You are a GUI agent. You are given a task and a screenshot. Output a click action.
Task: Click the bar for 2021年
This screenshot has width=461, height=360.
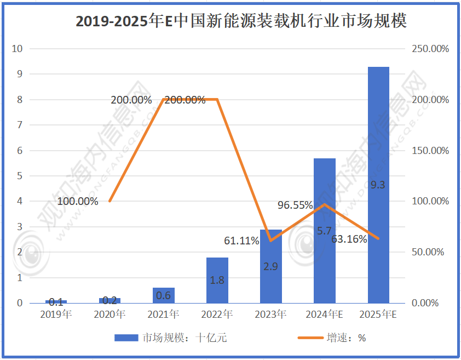(164, 295)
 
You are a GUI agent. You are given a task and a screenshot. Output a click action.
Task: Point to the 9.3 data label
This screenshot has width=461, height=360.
(378, 185)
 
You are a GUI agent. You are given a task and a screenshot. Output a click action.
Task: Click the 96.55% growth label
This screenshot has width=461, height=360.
(295, 205)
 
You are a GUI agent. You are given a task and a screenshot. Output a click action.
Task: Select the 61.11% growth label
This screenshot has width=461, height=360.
(241, 241)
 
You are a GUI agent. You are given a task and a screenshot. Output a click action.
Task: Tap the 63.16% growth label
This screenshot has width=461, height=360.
(349, 239)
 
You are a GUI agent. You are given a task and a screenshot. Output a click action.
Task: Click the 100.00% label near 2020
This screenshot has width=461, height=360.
(78, 201)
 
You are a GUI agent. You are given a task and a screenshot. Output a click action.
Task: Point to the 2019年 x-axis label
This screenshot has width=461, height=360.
(56, 315)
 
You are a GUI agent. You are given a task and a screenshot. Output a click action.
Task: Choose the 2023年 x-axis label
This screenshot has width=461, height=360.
(271, 315)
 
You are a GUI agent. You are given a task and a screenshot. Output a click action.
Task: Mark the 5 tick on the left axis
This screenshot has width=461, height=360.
(20, 176)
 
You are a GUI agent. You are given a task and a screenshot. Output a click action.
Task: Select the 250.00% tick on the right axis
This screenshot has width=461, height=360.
(430, 49)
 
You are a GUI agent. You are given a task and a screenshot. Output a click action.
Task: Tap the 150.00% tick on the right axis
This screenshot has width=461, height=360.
(430, 151)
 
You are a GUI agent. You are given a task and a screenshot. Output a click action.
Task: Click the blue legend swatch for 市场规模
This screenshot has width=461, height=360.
(126, 338)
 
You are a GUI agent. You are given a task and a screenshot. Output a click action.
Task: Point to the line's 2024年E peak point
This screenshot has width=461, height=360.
(325, 204)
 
